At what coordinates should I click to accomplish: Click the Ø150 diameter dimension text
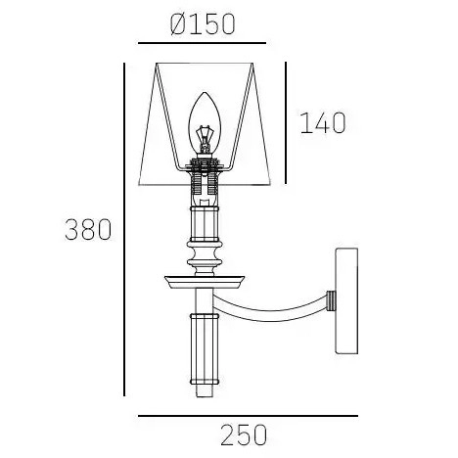point(203,23)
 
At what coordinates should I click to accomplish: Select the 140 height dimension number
point(324,123)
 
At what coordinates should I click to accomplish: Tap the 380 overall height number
point(88,231)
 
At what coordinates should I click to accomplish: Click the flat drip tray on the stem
point(204,282)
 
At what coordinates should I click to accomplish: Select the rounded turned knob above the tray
point(204,257)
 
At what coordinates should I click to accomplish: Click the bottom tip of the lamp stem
point(204,393)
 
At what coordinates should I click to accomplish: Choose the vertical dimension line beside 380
point(124,230)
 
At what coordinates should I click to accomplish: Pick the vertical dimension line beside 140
point(285,122)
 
